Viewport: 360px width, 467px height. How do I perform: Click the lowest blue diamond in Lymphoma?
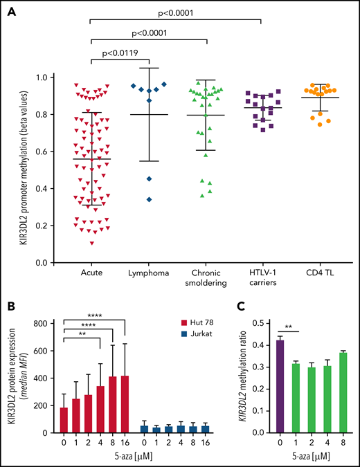click(x=148, y=199)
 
